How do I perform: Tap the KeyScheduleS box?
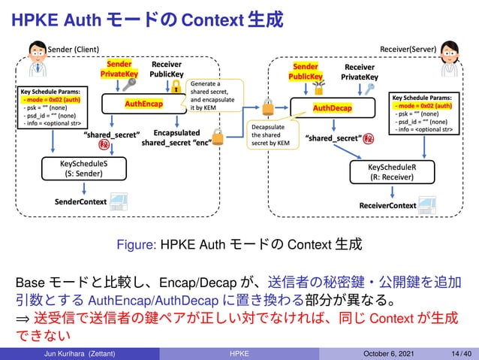point(79,167)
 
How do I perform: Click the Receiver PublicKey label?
point(167,70)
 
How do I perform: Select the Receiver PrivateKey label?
point(360,72)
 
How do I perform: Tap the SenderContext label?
point(80,202)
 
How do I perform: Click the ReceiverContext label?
point(387,205)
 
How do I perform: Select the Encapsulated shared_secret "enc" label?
point(176,136)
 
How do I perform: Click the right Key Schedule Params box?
point(422,113)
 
